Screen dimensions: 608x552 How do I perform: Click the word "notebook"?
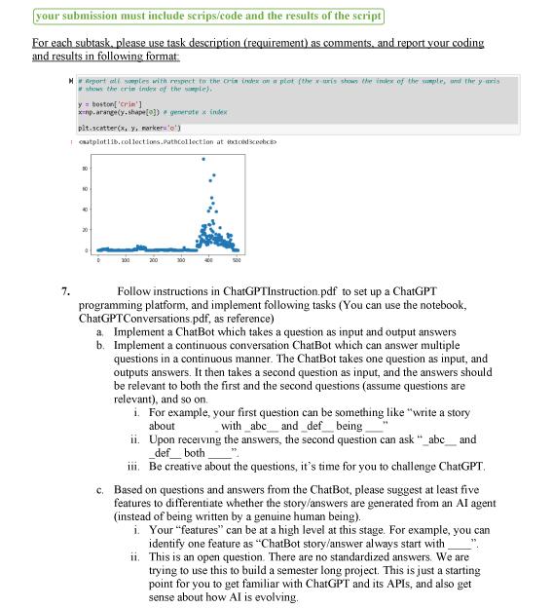(444, 305)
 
